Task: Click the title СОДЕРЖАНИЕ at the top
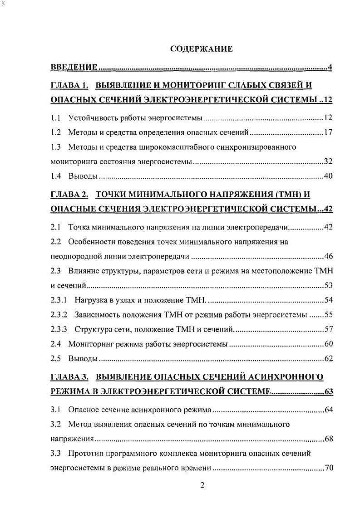click(x=201, y=49)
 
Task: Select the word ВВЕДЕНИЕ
click(x=74, y=68)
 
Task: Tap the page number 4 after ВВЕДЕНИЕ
click(x=330, y=68)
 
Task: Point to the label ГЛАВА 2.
click(x=69, y=195)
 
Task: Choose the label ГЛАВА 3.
click(x=69, y=377)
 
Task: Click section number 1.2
click(x=55, y=132)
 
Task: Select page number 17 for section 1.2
click(x=328, y=132)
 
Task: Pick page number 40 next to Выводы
click(x=328, y=176)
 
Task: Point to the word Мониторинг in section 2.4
click(x=89, y=343)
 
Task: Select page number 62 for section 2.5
click(x=329, y=358)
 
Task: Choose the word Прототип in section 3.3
click(x=84, y=453)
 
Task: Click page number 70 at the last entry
click(x=329, y=468)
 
